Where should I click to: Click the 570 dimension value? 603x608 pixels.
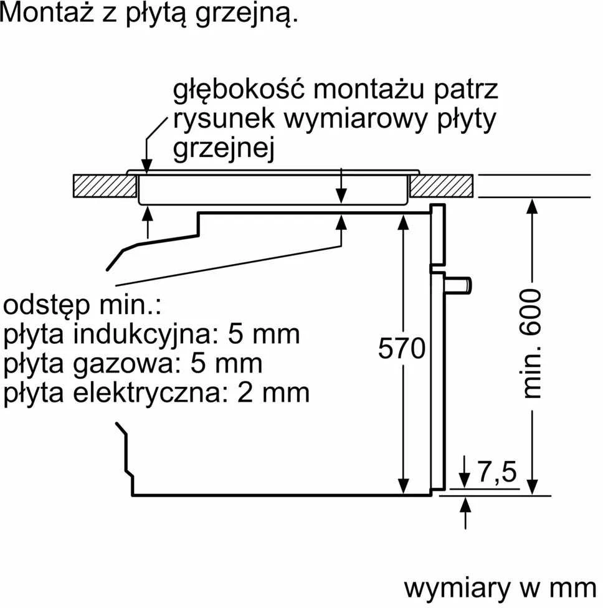402,349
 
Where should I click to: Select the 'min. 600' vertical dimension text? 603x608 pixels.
531,343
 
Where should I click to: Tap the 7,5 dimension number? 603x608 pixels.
497,472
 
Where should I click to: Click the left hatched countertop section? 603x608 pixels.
105,186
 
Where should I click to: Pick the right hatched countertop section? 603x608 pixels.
441,186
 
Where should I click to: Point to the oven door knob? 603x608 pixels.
458,285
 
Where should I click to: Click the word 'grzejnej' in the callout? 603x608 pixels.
224,148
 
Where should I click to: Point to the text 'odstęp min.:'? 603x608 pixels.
82,305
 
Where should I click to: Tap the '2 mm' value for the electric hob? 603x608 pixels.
273,393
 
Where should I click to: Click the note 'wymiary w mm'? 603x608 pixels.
500,588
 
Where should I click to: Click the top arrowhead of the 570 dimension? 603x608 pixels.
404,222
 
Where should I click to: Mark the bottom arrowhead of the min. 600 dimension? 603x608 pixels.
533,487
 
